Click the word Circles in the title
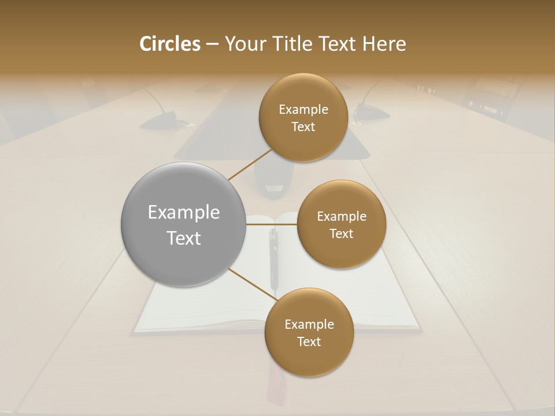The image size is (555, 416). coord(170,44)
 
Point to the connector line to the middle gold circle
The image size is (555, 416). coord(272,224)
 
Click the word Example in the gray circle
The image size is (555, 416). coord(184,213)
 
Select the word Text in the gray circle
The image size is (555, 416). coord(184,238)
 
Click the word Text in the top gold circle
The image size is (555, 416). coord(303,127)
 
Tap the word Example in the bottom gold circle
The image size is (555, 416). coord(309,325)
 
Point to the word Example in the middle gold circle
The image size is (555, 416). coord(342,217)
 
